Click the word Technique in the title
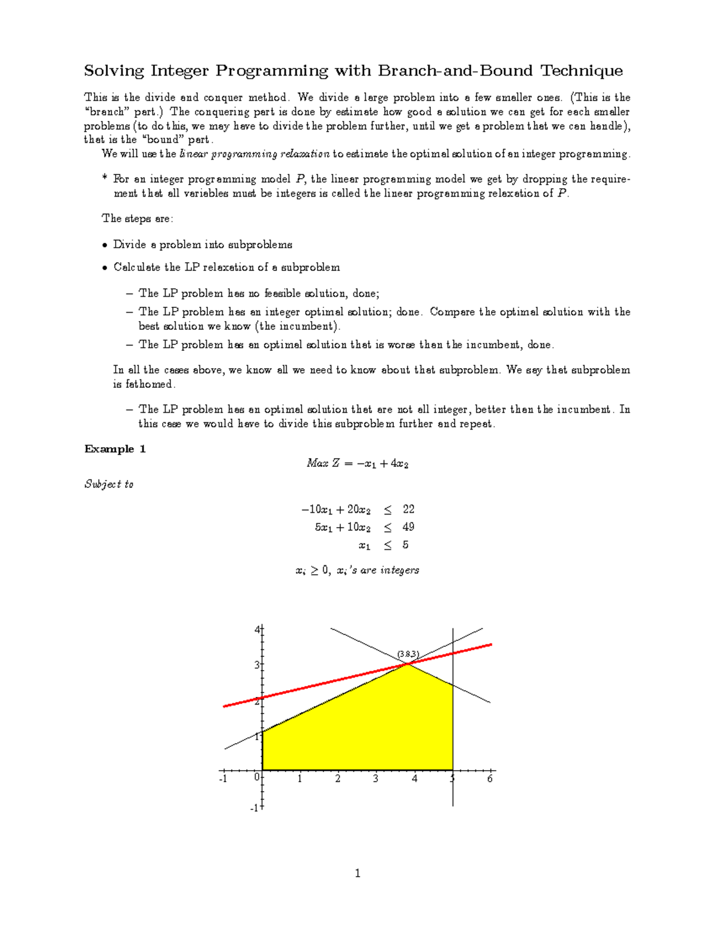pos(581,71)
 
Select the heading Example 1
pos(115,449)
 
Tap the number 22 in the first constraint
pos(408,509)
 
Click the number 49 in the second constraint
pos(408,527)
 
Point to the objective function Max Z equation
pos(357,463)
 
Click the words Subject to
pos(109,484)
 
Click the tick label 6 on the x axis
pos(490,779)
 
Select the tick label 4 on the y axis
pos(257,629)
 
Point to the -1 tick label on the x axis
pos(223,779)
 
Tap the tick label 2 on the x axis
pos(338,779)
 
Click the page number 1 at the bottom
pos(357,874)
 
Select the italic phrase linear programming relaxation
pos(254,154)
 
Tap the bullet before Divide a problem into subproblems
pos(105,245)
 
